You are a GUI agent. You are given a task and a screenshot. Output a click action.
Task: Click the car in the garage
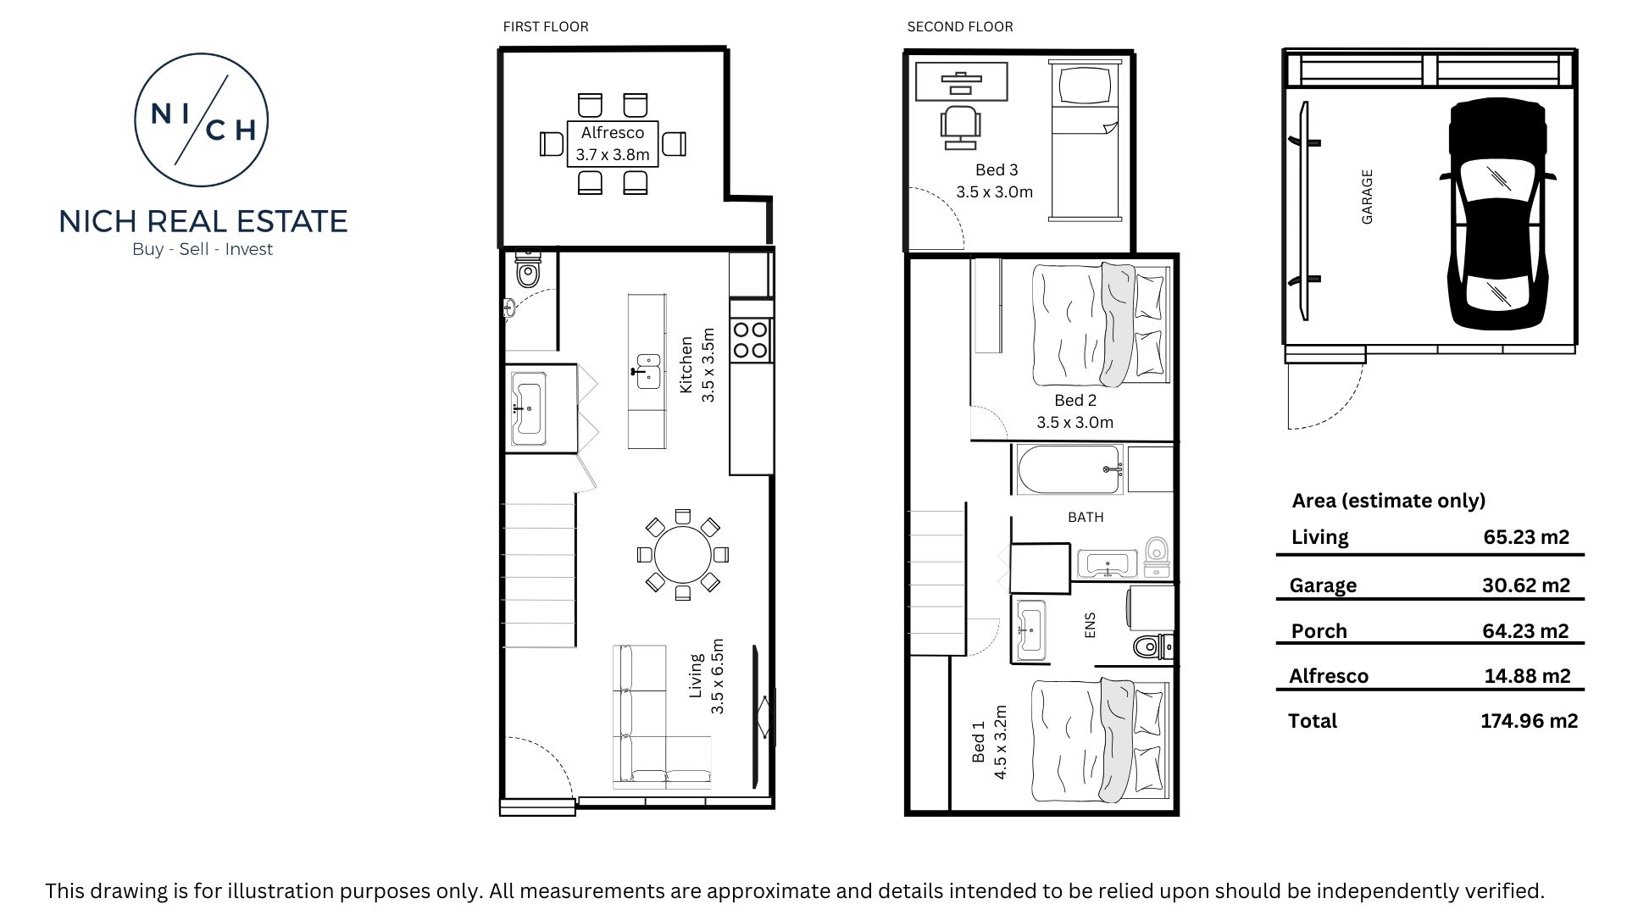(x=1497, y=215)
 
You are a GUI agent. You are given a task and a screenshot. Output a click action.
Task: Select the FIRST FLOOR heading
(x=546, y=26)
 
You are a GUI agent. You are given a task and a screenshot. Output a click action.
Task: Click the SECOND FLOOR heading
(x=960, y=26)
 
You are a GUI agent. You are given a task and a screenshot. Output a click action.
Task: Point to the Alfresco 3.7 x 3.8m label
(x=613, y=143)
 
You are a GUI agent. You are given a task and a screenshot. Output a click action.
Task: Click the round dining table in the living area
(x=682, y=555)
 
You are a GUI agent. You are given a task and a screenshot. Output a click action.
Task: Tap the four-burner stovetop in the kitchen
(x=751, y=340)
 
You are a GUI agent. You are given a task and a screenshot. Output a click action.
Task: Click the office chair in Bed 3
(x=962, y=128)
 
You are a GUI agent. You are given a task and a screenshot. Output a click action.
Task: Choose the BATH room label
(x=1086, y=517)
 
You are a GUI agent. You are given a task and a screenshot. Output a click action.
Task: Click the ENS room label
(x=1090, y=625)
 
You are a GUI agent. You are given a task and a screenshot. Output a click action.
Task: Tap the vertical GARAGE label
(x=1367, y=197)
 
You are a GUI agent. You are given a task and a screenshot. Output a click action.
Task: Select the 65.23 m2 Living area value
(x=1526, y=536)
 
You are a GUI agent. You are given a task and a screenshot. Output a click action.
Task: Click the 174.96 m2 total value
(x=1529, y=721)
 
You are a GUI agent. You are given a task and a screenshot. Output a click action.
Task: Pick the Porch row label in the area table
(x=1319, y=631)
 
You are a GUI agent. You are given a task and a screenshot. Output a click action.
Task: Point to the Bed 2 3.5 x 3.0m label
(x=1075, y=411)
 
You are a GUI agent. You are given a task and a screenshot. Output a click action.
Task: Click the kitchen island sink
(x=648, y=371)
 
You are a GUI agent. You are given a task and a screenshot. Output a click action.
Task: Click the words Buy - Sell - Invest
(x=203, y=249)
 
